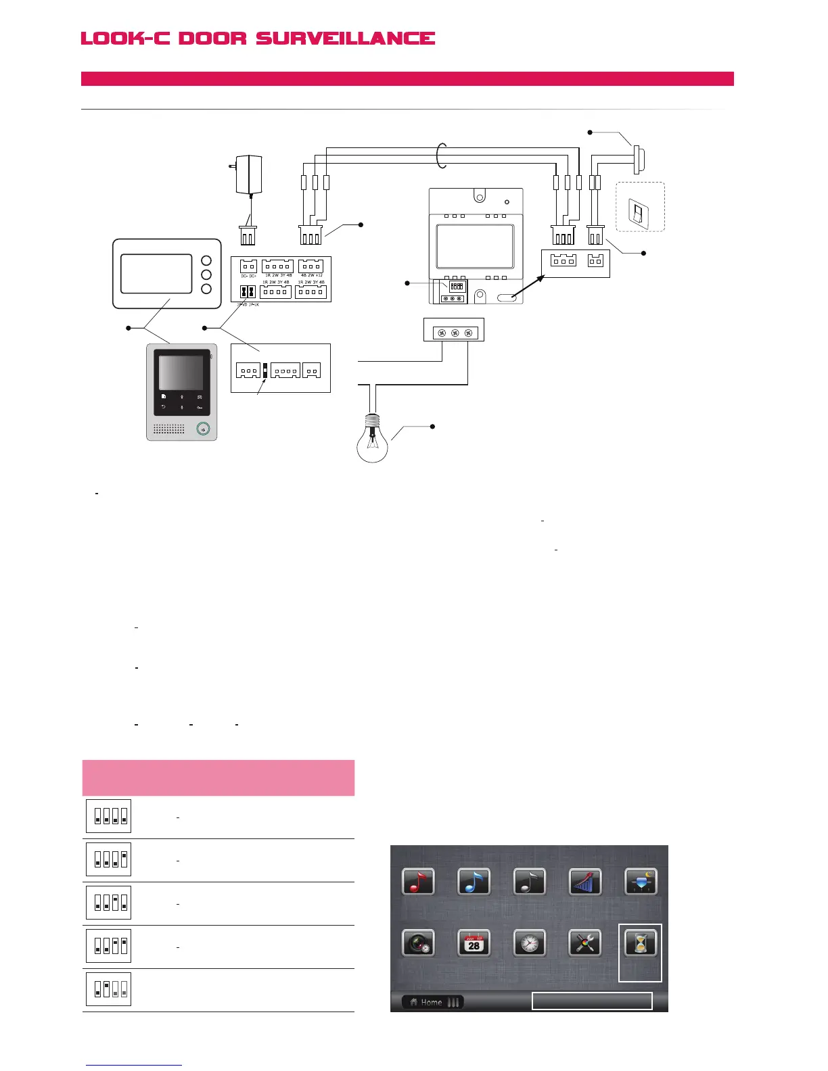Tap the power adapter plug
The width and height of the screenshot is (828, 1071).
pyautogui.click(x=248, y=174)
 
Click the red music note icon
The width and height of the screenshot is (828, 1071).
pyautogui.click(x=419, y=882)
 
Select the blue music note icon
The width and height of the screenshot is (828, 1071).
pyautogui.click(x=474, y=882)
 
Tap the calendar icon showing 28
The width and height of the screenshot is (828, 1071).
pyautogui.click(x=474, y=943)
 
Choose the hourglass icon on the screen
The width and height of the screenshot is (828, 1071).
pyautogui.click(x=640, y=943)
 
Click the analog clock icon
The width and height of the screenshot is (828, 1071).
pyautogui.click(x=530, y=943)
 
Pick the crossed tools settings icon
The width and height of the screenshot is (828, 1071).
pyautogui.click(x=585, y=943)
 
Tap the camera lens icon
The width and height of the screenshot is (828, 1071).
pyautogui.click(x=419, y=943)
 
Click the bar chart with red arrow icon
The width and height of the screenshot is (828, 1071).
pyautogui.click(x=585, y=882)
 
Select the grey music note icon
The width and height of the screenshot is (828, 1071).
pyautogui.click(x=530, y=882)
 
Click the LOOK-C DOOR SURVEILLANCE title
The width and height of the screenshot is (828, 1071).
pyautogui.click(x=258, y=39)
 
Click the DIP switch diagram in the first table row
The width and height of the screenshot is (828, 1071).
pyautogui.click(x=109, y=816)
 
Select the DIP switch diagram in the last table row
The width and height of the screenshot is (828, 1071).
pyautogui.click(x=109, y=989)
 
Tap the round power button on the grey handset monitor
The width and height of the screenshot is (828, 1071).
pyautogui.click(x=203, y=429)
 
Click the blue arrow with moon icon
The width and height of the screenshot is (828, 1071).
pyautogui.click(x=641, y=882)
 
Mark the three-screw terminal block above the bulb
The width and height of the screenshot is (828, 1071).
pyautogui.click(x=455, y=333)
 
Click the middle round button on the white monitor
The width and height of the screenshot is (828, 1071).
pyautogui.click(x=207, y=275)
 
